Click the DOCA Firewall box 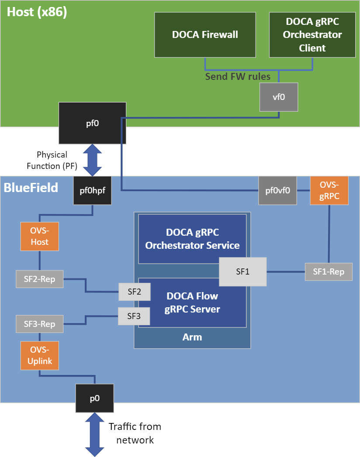click(x=205, y=35)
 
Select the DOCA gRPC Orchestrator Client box click(x=312, y=35)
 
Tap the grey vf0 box click(x=279, y=97)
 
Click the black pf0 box click(x=92, y=123)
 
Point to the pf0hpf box click(x=92, y=191)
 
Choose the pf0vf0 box click(x=277, y=191)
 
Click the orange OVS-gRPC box click(x=329, y=191)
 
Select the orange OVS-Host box click(x=39, y=236)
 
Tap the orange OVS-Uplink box click(x=39, y=355)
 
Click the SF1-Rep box click(x=329, y=271)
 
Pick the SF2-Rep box click(x=39, y=279)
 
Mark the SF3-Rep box click(x=39, y=324)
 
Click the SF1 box click(x=242, y=271)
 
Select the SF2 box click(x=134, y=292)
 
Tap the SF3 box click(x=134, y=316)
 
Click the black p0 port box click(x=94, y=398)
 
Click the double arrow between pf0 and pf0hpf click(x=92, y=160)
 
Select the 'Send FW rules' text click(x=238, y=77)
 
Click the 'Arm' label click(x=192, y=337)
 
